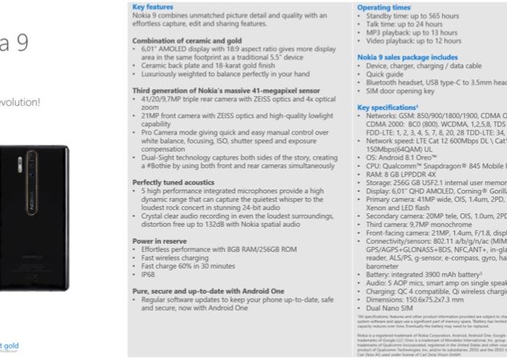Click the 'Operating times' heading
(x=383, y=5)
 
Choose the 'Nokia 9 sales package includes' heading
(x=408, y=58)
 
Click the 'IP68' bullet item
(x=148, y=273)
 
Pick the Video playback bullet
(x=412, y=40)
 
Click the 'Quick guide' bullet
(x=385, y=75)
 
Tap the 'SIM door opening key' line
(x=402, y=91)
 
